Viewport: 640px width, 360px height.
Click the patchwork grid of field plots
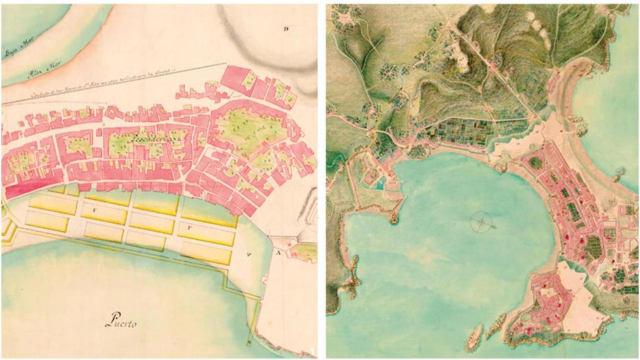[x=466, y=131]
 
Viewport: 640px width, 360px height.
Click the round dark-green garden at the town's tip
[x=536, y=162]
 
